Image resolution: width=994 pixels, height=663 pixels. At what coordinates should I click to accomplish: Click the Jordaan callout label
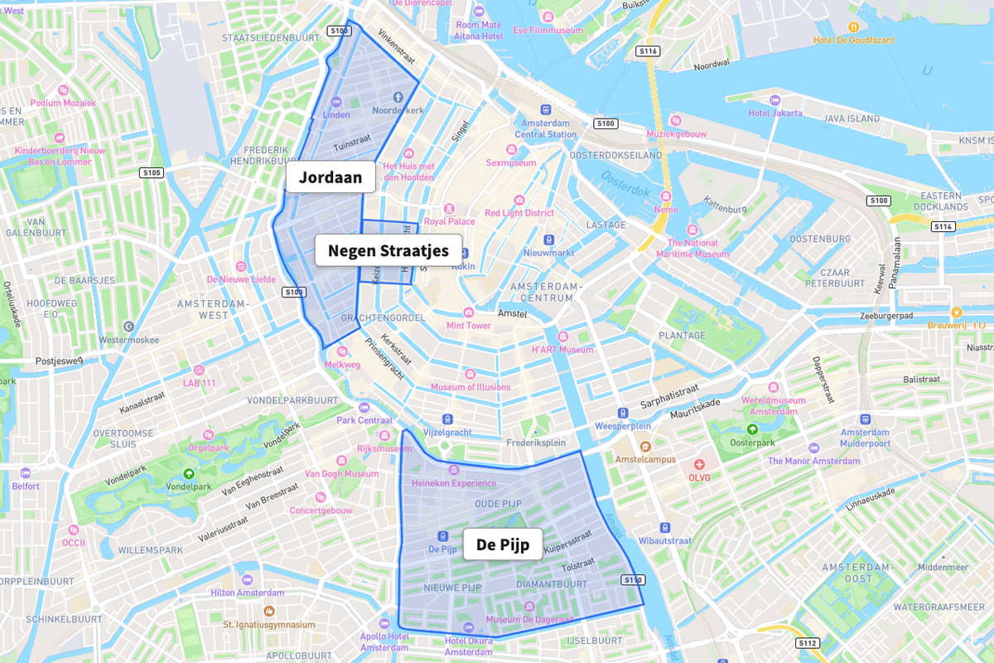pyautogui.click(x=331, y=177)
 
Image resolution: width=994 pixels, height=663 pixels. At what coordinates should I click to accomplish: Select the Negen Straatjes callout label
pyautogui.click(x=388, y=250)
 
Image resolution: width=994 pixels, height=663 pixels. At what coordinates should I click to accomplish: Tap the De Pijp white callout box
pyautogui.click(x=502, y=544)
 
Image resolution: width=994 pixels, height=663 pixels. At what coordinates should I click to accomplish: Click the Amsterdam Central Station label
pyautogui.click(x=546, y=128)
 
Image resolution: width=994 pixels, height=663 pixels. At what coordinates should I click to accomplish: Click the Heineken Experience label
pyautogui.click(x=454, y=483)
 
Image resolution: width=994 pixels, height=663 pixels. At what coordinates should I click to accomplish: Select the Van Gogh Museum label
pyautogui.click(x=341, y=474)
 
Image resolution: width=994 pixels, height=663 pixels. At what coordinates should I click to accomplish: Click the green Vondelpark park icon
pyautogui.click(x=189, y=474)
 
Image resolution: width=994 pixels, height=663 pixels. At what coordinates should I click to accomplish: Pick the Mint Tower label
pyautogui.click(x=469, y=326)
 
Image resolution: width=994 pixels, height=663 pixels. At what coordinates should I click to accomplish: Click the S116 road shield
pyautogui.click(x=648, y=51)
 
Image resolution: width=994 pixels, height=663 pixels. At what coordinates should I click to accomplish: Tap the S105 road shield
pyautogui.click(x=152, y=173)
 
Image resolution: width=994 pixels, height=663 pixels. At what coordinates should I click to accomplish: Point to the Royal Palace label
pyautogui.click(x=450, y=221)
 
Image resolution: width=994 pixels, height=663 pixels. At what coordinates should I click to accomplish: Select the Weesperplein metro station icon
pyautogui.click(x=622, y=413)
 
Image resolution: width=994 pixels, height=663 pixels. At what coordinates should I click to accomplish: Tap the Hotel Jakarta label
pyautogui.click(x=775, y=113)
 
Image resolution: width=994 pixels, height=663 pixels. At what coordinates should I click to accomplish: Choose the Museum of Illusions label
pyautogui.click(x=470, y=387)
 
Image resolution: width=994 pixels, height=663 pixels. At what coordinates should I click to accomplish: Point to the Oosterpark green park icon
pyautogui.click(x=752, y=429)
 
